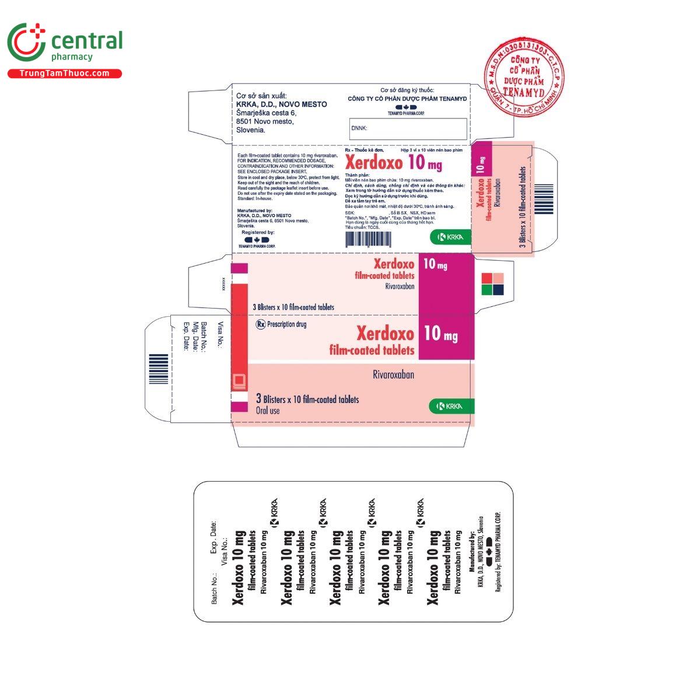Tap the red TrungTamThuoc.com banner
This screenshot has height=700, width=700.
tap(65, 73)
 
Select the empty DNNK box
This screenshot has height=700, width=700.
tap(408, 128)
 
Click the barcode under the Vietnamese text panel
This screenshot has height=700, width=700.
tap(369, 239)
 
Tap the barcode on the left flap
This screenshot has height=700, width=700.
tap(158, 369)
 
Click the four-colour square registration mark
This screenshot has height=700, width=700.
tap(493, 283)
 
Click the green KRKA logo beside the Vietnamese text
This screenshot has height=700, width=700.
tap(450, 236)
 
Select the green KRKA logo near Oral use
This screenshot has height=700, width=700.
tap(451, 407)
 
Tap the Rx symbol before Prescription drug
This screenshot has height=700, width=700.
tap(260, 324)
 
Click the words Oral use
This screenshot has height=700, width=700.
tap(268, 411)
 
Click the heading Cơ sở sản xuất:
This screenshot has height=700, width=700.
tap(261, 96)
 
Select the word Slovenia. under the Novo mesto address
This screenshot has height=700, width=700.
tap(251, 130)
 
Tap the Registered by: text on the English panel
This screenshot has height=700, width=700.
tap(258, 232)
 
